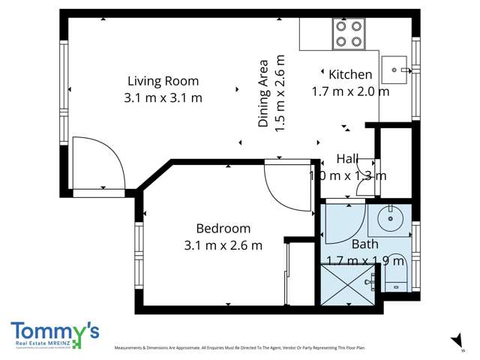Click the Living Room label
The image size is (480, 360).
point(163,81)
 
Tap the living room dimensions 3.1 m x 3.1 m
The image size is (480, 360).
point(163,97)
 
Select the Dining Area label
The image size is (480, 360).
point(263,94)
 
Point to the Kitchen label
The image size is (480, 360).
point(350,74)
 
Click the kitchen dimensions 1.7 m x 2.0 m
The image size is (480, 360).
point(350,91)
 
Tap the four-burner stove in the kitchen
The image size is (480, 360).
point(349,34)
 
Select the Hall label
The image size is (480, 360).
point(347,159)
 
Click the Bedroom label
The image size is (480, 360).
point(223,229)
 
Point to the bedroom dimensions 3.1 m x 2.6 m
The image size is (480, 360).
point(223,245)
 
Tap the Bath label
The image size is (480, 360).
point(364,244)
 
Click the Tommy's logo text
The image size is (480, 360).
point(54,331)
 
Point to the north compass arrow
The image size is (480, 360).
point(457,340)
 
